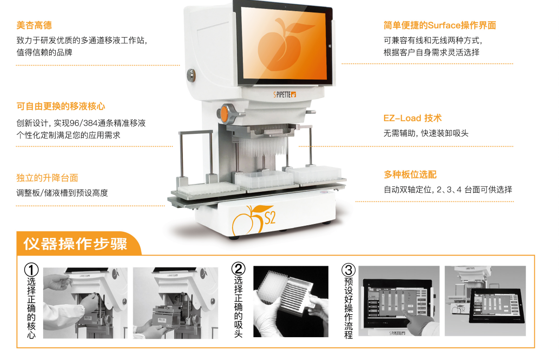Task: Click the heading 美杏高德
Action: [x=34, y=25]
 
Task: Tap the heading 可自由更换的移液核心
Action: [x=61, y=106]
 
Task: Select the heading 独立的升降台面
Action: [x=47, y=178]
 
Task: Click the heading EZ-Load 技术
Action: [x=412, y=118]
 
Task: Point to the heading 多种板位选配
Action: [x=410, y=175]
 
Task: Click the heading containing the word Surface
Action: [x=440, y=25]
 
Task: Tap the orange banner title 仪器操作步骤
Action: [x=75, y=244]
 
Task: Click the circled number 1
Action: [x=31, y=269]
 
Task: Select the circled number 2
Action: [x=238, y=269]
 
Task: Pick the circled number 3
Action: [x=348, y=270]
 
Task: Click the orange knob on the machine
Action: [x=225, y=114]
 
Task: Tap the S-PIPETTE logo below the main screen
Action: [x=285, y=95]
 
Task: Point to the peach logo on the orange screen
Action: [x=281, y=45]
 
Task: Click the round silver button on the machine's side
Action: [x=191, y=75]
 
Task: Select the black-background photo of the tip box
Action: [x=291, y=301]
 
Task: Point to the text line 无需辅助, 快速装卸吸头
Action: [x=426, y=133]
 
